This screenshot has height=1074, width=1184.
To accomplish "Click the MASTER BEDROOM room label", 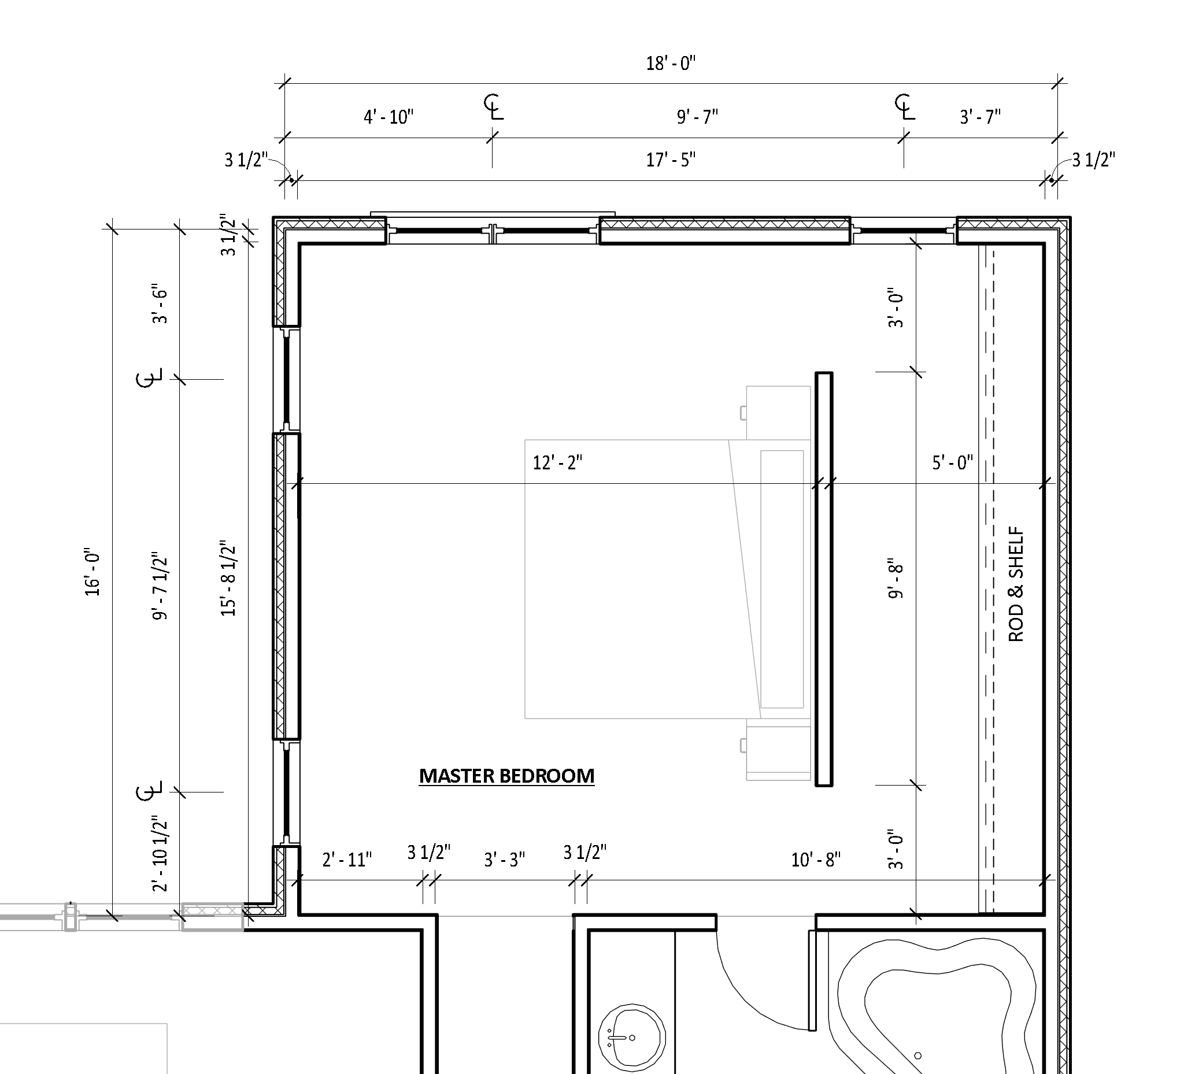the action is (506, 776).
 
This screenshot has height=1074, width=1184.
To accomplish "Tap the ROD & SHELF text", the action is (1016, 585).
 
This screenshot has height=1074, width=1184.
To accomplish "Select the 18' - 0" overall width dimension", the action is (671, 63).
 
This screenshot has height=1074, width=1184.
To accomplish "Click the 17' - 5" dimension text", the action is (671, 159).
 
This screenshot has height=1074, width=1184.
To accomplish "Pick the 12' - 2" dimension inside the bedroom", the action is (557, 462).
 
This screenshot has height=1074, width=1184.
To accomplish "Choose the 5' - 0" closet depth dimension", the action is (953, 462).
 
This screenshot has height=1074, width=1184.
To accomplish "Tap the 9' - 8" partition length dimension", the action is (895, 579).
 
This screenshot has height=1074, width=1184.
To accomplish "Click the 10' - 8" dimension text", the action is (816, 860).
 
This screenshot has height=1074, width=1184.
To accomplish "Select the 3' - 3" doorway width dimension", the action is (505, 860).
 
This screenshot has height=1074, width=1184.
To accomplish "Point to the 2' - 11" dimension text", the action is (347, 860).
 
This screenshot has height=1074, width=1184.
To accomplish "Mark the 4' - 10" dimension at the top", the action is (388, 117).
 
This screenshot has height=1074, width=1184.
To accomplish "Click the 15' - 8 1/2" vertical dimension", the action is (228, 579).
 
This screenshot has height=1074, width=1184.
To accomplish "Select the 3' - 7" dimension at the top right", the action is (980, 117).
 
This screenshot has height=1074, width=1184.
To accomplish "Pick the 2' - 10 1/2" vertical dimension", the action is (160, 853).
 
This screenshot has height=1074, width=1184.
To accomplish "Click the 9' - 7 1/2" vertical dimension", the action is (160, 586).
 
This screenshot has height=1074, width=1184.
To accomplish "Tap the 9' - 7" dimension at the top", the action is (698, 117).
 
